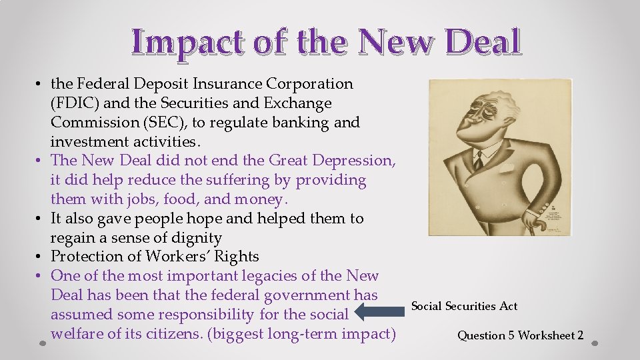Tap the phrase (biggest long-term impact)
[x=301, y=333]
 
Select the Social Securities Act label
[x=464, y=306]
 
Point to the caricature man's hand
[x=531, y=217]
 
